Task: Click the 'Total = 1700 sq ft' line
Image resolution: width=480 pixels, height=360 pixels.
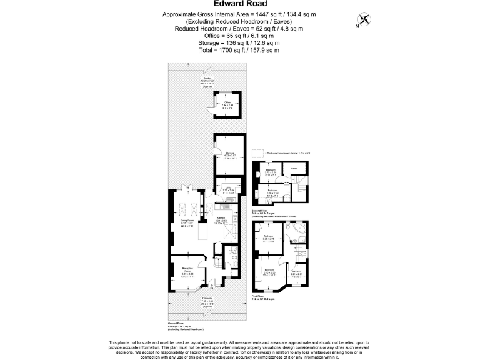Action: coord(239,50)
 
